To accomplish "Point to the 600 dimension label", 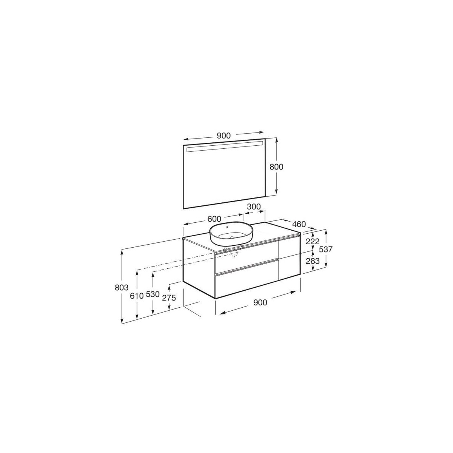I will (214, 219).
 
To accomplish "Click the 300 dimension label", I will (254, 206).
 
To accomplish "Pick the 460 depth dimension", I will (298, 224).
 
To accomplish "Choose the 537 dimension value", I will (325, 249).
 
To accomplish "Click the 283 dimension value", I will (313, 261).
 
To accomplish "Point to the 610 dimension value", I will (136, 296).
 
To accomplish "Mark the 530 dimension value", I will (152, 295).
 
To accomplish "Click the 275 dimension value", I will (169, 297).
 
